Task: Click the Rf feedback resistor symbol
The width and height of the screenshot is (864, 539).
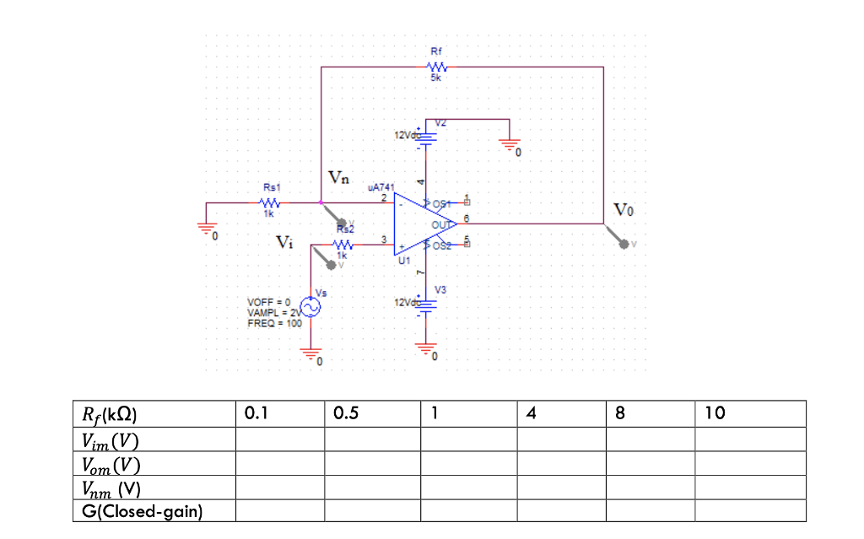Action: tap(436, 67)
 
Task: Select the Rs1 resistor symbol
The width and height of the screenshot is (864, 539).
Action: tap(269, 202)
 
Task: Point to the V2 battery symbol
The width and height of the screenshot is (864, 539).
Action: tap(428, 136)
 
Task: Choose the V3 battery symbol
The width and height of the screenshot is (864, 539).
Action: tap(428, 304)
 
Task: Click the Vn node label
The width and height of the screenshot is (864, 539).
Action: tap(338, 178)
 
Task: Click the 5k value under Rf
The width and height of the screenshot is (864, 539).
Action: tap(435, 78)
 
